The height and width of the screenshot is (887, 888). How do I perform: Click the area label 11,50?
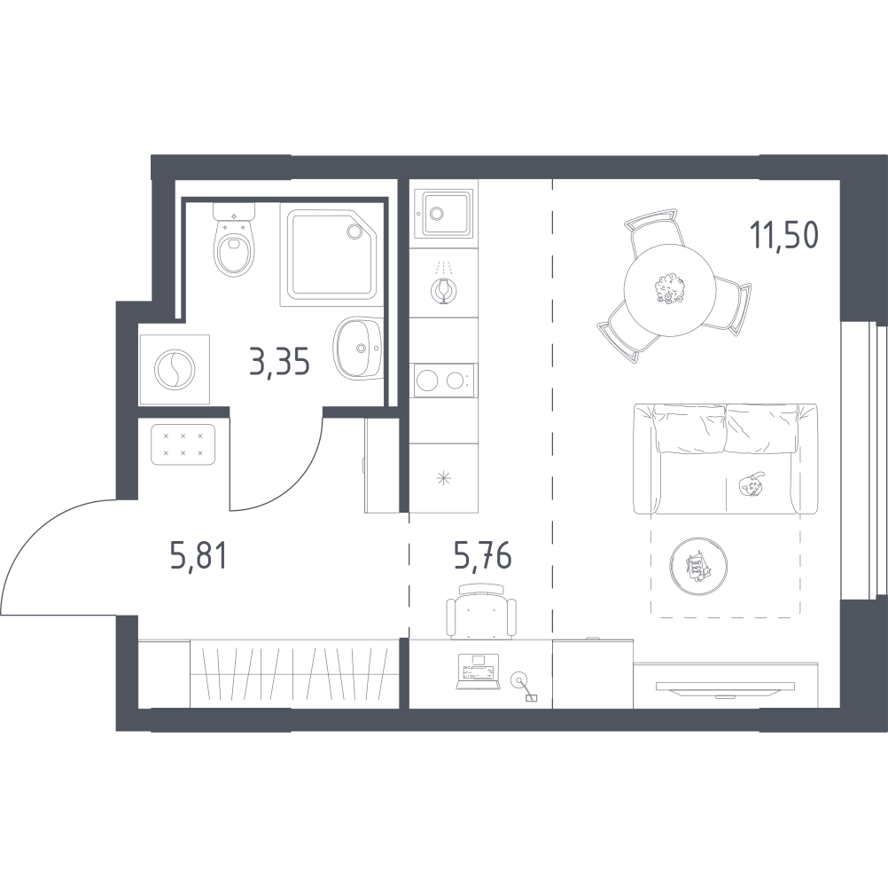[x=783, y=235]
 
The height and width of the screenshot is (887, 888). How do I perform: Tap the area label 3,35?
[x=279, y=362]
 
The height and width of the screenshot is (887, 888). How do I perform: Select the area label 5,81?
[x=199, y=555]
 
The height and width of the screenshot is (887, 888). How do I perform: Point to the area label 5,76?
[x=482, y=555]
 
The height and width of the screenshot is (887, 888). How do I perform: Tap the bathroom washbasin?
[x=358, y=348]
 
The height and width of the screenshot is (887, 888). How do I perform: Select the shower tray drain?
[x=355, y=231]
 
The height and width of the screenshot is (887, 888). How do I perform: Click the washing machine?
[x=175, y=370]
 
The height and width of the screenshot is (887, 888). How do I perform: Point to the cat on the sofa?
[x=751, y=484]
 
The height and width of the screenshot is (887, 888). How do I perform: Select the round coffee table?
[x=698, y=565]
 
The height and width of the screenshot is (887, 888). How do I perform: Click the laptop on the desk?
[x=479, y=672]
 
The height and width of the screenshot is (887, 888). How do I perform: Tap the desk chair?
[x=481, y=611]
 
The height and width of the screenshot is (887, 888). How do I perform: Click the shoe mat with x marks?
[x=183, y=444]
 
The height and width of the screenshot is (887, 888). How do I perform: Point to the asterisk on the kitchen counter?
[x=443, y=478]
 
